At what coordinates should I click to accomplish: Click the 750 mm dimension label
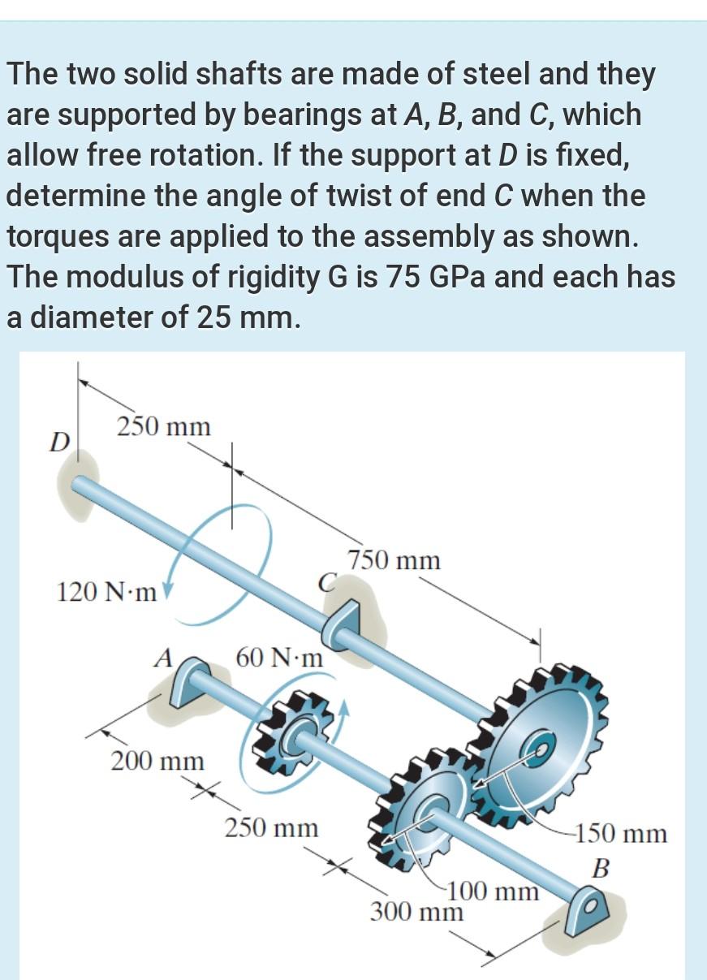pyautogui.click(x=394, y=560)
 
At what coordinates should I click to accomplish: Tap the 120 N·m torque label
pyautogui.click(x=107, y=591)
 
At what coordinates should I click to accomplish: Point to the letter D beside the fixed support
pyautogui.click(x=58, y=443)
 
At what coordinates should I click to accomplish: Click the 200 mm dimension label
pyautogui.click(x=157, y=762)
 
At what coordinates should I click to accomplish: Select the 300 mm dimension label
pyautogui.click(x=417, y=912)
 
